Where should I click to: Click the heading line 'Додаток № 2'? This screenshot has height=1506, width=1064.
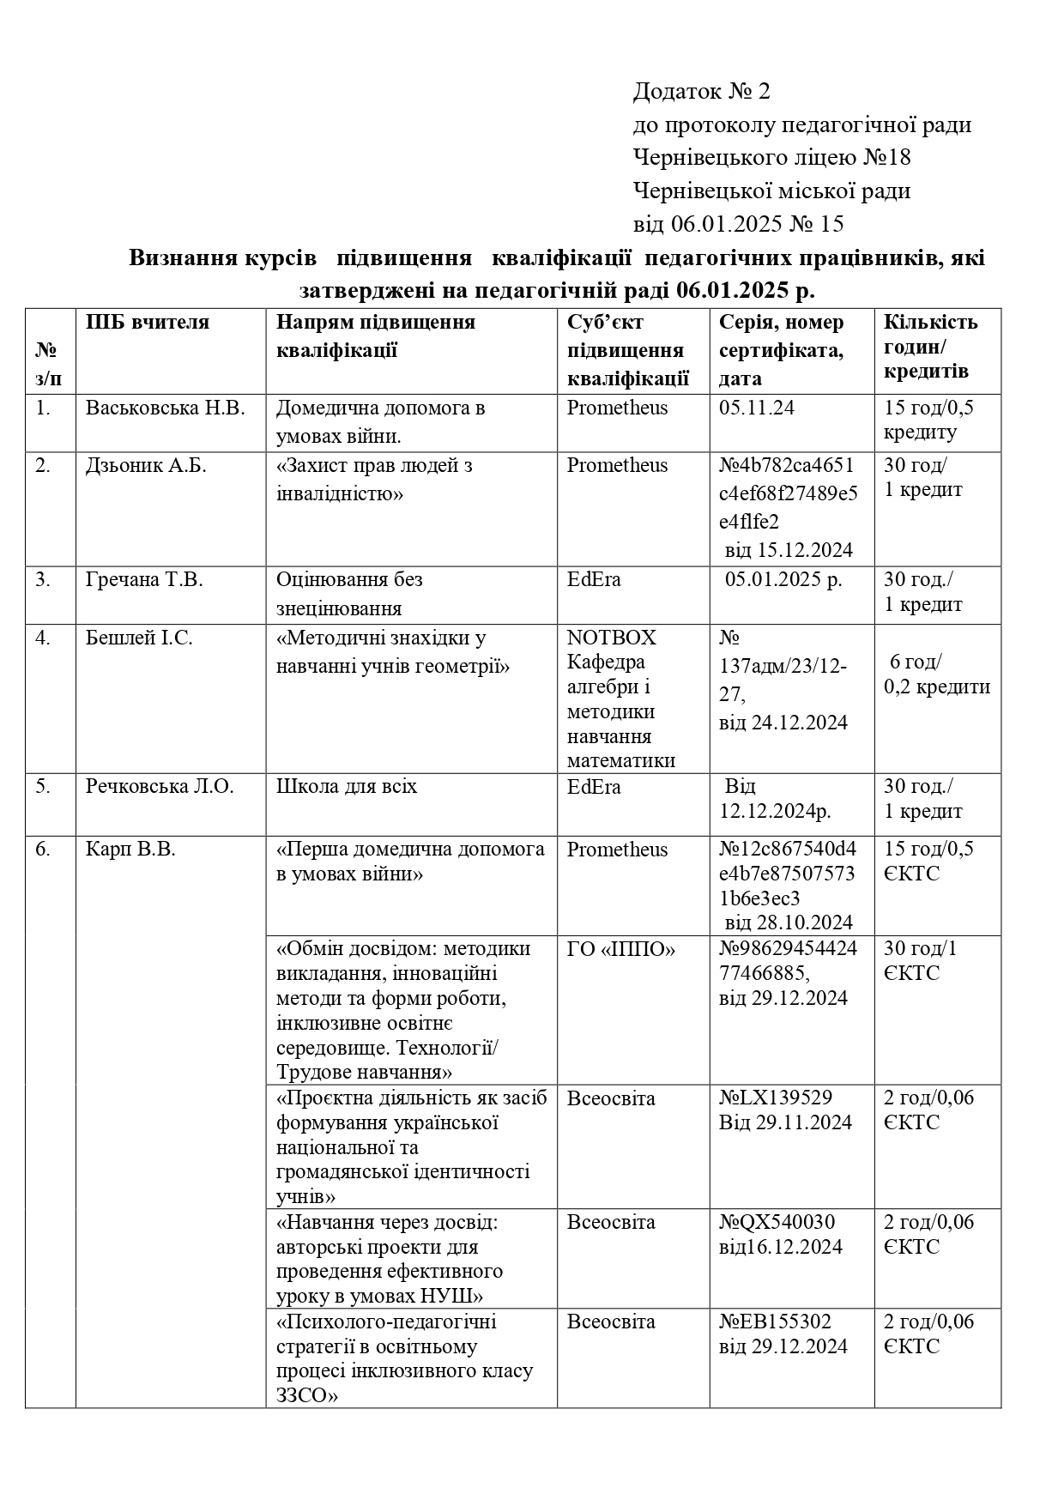pos(702,91)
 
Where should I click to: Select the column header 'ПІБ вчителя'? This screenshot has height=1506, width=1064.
pos(147,323)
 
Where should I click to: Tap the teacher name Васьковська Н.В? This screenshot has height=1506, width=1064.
pos(165,408)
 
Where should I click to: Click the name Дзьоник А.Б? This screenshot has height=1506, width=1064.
pos(146,466)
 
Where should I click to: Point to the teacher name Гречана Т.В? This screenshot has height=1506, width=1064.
pos(144,580)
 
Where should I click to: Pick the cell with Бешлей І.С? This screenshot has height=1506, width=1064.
pos(139,638)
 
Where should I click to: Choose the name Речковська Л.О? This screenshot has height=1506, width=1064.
pos(160,787)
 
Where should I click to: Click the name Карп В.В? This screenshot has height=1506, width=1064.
pos(130,850)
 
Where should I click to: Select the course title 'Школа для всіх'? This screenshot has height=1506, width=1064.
pos(347,787)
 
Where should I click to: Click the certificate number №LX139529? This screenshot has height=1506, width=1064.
pos(776,1098)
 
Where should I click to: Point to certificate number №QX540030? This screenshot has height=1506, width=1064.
pos(777,1222)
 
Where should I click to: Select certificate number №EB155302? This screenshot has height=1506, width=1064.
pos(775,1322)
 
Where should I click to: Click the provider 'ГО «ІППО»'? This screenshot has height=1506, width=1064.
pos(621,949)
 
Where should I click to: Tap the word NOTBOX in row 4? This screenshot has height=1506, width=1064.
pos(611,638)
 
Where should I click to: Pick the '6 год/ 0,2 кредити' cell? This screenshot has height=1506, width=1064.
pos(937,674)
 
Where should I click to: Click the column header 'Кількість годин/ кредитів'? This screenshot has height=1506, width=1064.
pos(931,347)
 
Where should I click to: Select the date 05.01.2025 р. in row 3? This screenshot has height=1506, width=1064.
pos(783,580)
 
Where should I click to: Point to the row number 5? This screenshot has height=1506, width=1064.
pos(43,787)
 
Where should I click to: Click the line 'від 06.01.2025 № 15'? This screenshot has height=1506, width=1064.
pos(738,225)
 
